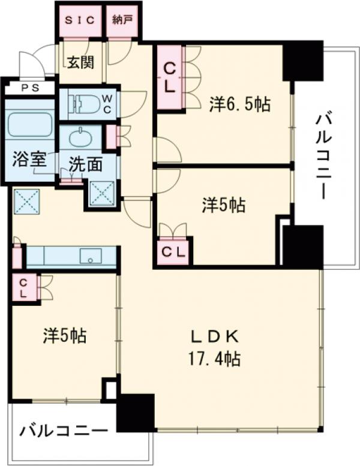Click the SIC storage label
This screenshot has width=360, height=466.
[80, 19]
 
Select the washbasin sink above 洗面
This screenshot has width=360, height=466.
[81, 138]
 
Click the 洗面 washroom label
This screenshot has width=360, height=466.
[84, 164]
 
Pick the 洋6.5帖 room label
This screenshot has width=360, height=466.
[239, 104]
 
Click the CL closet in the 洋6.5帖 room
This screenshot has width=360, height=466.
[169, 77]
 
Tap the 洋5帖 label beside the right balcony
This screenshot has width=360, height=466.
[223, 206]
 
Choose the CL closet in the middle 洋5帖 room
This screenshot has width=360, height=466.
[174, 251]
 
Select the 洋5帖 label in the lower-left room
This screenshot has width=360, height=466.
[64, 335]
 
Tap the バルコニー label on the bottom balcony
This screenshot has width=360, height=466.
[63, 431]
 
